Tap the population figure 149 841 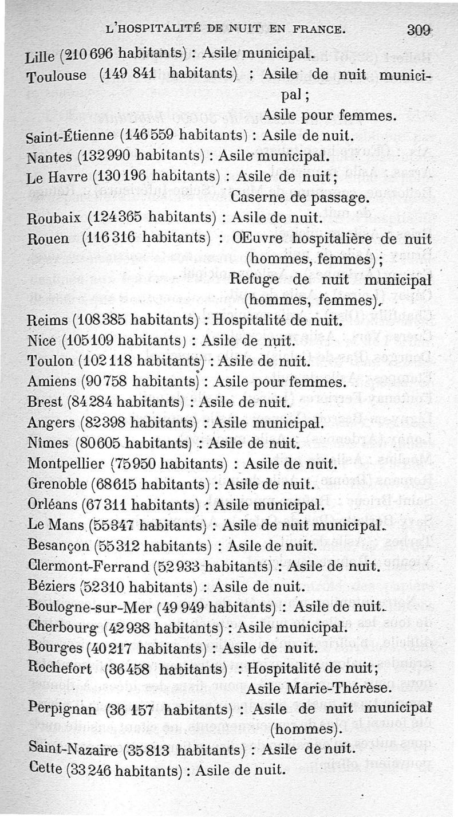click(125, 73)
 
